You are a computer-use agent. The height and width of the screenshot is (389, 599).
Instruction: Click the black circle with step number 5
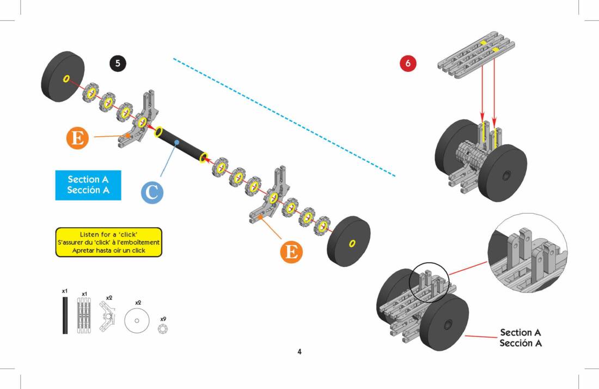pyautogui.click(x=118, y=63)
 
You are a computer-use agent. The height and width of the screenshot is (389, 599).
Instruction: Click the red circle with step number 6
pyautogui.click(x=408, y=63)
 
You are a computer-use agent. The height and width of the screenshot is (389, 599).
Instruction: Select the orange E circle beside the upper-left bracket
pyautogui.click(x=78, y=137)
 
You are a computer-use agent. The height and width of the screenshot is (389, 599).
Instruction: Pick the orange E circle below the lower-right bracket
pyautogui.click(x=291, y=252)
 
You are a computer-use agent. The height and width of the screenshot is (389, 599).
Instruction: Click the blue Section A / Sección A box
pyautogui.click(x=88, y=185)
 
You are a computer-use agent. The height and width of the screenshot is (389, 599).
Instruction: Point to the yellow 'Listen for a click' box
pyautogui.click(x=108, y=242)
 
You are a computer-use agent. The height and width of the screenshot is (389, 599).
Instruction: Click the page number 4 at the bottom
pyautogui.click(x=299, y=351)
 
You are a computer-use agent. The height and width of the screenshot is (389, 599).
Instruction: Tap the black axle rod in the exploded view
pyautogui.click(x=181, y=145)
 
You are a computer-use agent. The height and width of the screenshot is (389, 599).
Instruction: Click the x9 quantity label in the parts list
pyautogui.click(x=163, y=319)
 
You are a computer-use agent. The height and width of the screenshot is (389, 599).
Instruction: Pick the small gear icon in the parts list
pyautogui.click(x=163, y=329)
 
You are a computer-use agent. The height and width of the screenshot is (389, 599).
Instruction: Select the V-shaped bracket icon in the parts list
pyautogui.click(x=109, y=318)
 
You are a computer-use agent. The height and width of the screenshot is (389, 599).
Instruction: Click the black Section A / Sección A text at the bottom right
pyautogui.click(x=521, y=338)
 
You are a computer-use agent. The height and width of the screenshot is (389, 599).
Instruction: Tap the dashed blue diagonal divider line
pyautogui.click(x=283, y=117)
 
